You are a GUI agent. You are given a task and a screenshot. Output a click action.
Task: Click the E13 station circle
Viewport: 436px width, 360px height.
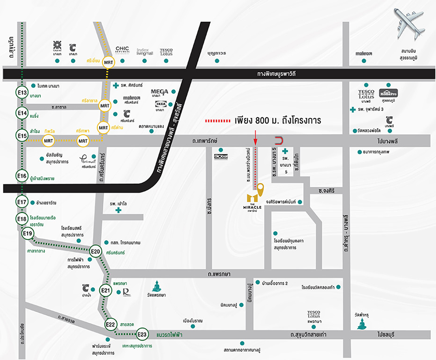(x=21, y=92)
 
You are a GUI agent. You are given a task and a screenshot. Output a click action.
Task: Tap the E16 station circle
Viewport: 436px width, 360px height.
(x=21, y=176)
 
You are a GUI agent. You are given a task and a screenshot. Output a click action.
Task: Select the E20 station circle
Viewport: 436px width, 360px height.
(x=96, y=251)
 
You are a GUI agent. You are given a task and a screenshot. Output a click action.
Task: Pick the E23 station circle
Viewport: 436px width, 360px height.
(x=142, y=334)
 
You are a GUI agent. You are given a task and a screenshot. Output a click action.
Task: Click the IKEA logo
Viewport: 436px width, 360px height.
(x=161, y=103)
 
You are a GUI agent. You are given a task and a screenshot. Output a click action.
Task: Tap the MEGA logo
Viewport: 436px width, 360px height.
(x=159, y=91)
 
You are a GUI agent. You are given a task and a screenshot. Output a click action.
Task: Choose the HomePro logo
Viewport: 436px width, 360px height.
(x=388, y=93)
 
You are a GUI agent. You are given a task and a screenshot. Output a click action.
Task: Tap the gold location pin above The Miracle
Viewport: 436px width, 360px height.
(x=261, y=189)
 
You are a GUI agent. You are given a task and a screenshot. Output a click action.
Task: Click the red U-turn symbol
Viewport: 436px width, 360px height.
(x=279, y=141)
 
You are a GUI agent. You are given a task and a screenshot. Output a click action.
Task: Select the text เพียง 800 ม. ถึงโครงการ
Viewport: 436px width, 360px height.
(x=279, y=120)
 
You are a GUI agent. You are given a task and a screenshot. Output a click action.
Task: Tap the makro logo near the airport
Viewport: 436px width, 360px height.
(x=363, y=53)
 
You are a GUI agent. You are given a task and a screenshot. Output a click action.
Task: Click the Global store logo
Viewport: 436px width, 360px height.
(x=220, y=157)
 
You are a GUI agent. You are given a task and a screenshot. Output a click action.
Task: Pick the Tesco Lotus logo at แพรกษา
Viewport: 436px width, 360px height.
(x=314, y=315)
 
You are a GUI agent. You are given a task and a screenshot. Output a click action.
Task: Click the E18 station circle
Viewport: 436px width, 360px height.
(x=21, y=219)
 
